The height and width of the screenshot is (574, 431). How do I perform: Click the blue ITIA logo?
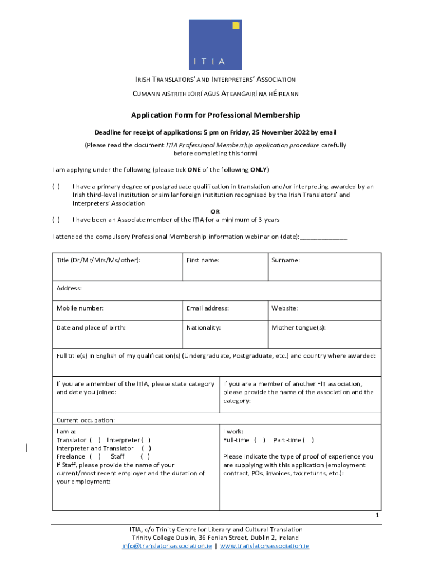pyautogui.click(x=215, y=44)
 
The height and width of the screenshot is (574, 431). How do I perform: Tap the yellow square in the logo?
pyautogui.click(x=236, y=25)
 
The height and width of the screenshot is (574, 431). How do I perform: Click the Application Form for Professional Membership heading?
pyautogui.click(x=215, y=115)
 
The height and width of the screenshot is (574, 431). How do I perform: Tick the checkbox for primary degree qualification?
pyautogui.click(x=56, y=187)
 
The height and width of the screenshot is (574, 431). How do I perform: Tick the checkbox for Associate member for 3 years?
pyautogui.click(x=56, y=220)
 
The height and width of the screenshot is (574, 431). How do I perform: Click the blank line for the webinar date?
pyautogui.click(x=324, y=237)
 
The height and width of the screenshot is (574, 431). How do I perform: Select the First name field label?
pyautogui.click(x=203, y=260)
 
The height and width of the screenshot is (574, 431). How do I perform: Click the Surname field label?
pyautogui.click(x=285, y=260)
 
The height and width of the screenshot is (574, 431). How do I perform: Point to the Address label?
pyautogui.click(x=69, y=288)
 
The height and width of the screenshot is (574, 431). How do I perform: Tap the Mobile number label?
pyautogui.click(x=79, y=308)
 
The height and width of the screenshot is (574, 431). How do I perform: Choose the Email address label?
pyautogui.click(x=207, y=308)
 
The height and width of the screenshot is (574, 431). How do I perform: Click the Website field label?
pyautogui.click(x=284, y=308)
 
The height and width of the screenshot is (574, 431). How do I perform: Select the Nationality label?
pyautogui.click(x=203, y=327)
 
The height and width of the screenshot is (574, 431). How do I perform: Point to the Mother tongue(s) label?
pyautogui.click(x=298, y=327)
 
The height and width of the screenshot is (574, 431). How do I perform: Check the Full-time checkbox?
pyautogui.click(x=260, y=440)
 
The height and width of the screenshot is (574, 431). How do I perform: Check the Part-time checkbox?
pyautogui.click(x=308, y=440)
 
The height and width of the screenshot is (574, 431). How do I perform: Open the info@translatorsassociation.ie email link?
pyautogui.click(x=167, y=546)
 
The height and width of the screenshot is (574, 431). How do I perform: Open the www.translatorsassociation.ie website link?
pyautogui.click(x=264, y=546)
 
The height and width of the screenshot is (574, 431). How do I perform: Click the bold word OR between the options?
pyautogui.click(x=215, y=211)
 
